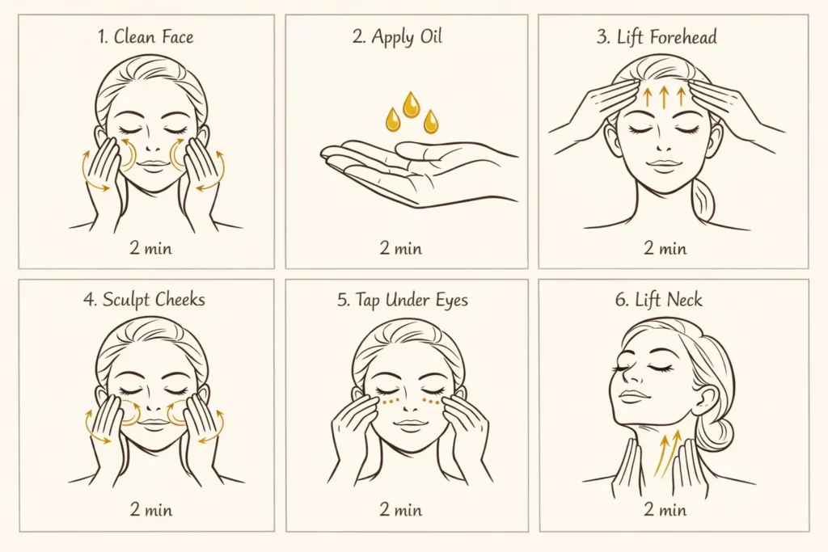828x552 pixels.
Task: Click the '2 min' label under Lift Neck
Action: click(665, 509)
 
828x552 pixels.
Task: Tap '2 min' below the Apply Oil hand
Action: click(401, 247)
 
